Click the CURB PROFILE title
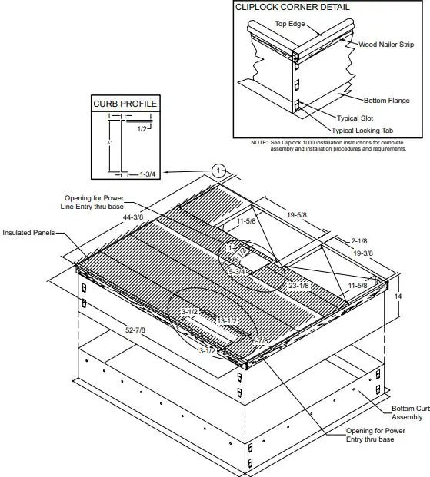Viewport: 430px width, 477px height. pyautogui.click(x=125, y=104)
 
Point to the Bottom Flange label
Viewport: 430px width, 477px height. pyautogui.click(x=388, y=99)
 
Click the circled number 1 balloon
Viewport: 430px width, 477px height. pyautogui.click(x=218, y=170)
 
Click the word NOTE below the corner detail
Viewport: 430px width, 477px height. pyautogui.click(x=258, y=143)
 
